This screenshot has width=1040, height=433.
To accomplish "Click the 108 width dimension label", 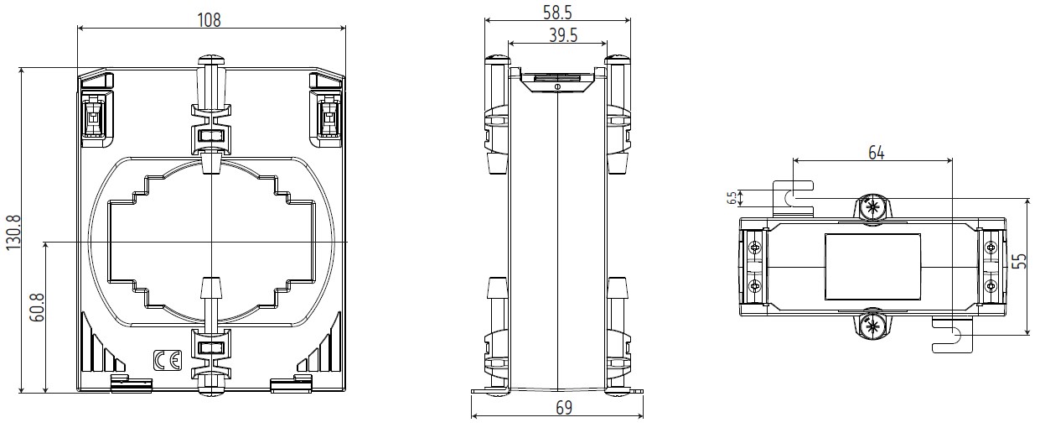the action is [210, 20].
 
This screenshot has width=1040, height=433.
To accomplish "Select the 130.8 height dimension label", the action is [13, 232].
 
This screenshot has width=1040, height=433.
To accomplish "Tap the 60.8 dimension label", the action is [37, 307].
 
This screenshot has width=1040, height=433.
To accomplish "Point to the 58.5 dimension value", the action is [557, 13].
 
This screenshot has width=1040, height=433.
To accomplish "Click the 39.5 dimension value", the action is [563, 35].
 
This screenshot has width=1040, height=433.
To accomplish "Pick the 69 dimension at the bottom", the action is [564, 408].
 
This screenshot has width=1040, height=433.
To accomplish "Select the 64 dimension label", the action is [877, 153].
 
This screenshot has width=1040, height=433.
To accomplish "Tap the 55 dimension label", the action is [1019, 261].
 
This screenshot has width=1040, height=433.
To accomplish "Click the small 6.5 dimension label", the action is [732, 198].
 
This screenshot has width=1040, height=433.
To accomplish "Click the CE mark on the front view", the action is [167, 361].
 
